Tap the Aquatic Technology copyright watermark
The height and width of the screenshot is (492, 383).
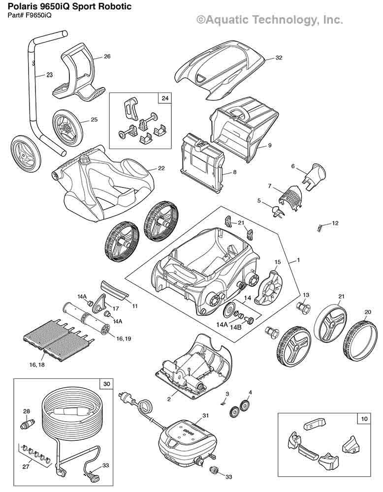click(269, 20)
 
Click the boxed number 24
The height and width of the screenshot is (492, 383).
click(164, 98)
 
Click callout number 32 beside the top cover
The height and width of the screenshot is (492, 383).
click(279, 58)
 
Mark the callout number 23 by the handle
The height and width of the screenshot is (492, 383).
click(49, 75)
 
